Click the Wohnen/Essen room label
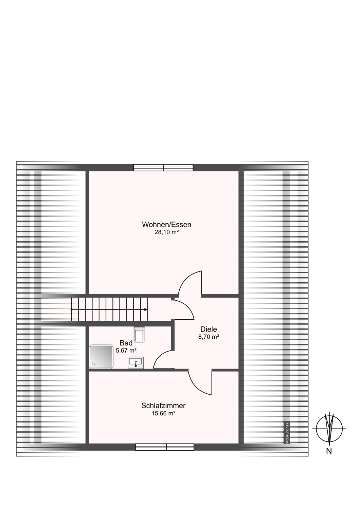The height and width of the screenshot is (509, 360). pyautogui.click(x=166, y=225)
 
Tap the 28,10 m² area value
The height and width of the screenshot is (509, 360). pyautogui.click(x=166, y=232)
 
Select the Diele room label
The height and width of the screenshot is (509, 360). pyautogui.click(x=209, y=329)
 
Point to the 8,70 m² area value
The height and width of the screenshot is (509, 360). pyautogui.click(x=209, y=337)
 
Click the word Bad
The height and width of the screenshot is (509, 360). pyautogui.click(x=126, y=343)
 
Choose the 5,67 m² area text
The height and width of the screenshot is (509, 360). pyautogui.click(x=126, y=351)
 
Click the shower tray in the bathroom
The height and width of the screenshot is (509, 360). pyautogui.click(x=101, y=357)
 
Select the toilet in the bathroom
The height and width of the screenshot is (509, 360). pyautogui.click(x=139, y=334)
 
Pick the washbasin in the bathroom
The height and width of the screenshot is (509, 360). pyautogui.click(x=136, y=363)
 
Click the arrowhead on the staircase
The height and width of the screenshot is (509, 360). pyautogui.click(x=146, y=309)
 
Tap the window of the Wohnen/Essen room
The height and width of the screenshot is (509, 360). pyautogui.click(x=163, y=168)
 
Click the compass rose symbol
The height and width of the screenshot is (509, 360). pyautogui.click(x=329, y=429)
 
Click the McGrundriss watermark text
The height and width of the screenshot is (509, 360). pyautogui.click(x=287, y=430)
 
